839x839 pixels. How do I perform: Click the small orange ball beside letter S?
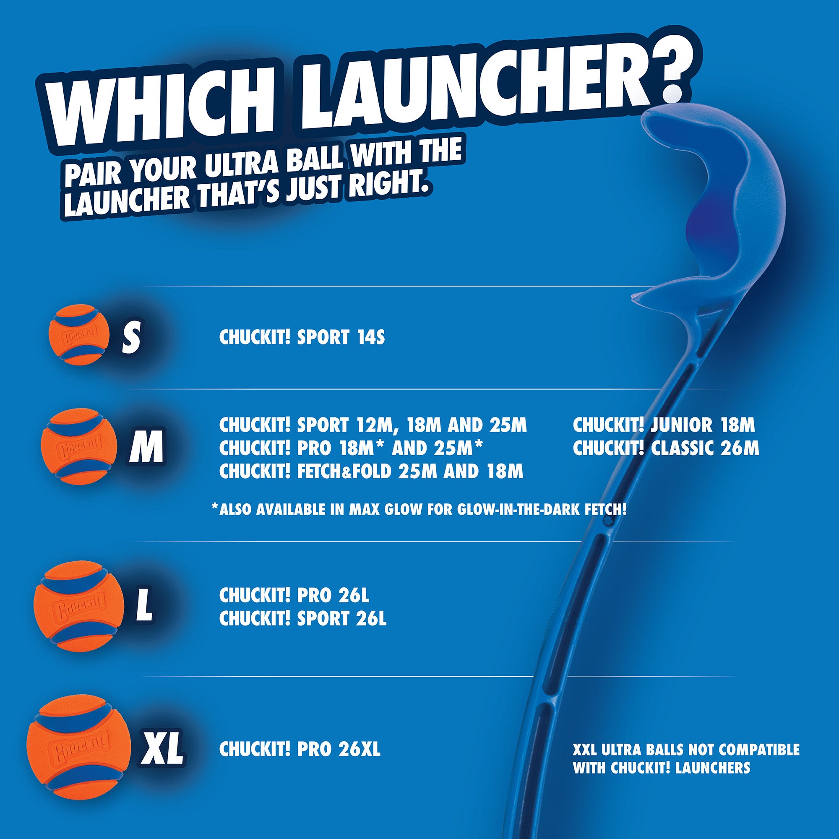[x=78, y=335]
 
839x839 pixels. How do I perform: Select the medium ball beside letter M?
[x=79, y=446]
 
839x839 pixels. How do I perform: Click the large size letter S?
[x=131, y=338]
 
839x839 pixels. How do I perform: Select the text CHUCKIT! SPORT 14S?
[x=302, y=337]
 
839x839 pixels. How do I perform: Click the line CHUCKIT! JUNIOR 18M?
[x=664, y=425]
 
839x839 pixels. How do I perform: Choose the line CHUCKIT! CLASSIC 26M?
[x=666, y=448]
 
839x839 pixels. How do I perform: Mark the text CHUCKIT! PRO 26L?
[x=294, y=595]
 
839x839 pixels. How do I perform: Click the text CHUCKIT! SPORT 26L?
[x=303, y=618]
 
